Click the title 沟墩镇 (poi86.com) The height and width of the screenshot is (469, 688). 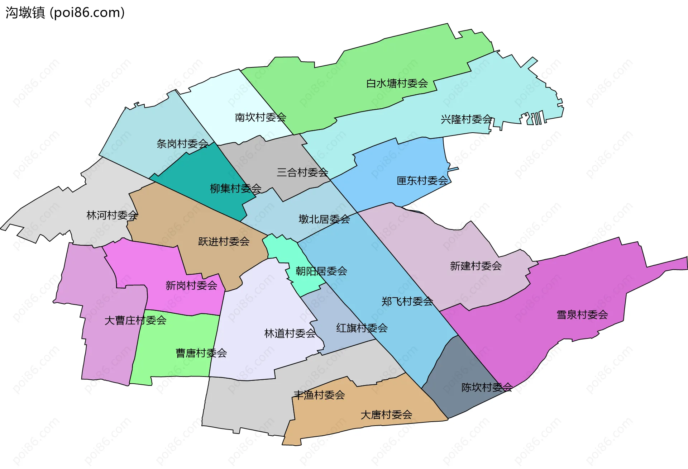click(65, 13)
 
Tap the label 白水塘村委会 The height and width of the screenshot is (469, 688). click(397, 84)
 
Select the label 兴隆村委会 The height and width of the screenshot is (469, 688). click(466, 119)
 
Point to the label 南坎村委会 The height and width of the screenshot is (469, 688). click(260, 117)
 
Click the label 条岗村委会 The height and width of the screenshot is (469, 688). click(182, 144)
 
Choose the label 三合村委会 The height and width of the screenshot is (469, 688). click(302, 172)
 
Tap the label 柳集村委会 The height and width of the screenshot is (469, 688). click(235, 188)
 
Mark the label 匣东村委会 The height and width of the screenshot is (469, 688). click(422, 181)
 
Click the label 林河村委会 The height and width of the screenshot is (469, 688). click(112, 215)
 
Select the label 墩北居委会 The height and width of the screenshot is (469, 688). click(324, 219)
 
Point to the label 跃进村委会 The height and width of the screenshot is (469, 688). click(224, 242)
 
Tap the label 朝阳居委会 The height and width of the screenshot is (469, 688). click(321, 271)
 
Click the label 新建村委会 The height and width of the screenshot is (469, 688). click(476, 266)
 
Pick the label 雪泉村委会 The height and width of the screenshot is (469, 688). click(582, 315)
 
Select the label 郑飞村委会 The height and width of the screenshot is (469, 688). click(407, 301)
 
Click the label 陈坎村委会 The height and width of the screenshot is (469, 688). click(487, 387)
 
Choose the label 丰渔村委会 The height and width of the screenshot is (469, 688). click(319, 395)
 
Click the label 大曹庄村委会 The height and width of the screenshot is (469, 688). click(135, 320)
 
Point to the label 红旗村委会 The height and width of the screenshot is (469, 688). click(362, 328)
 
